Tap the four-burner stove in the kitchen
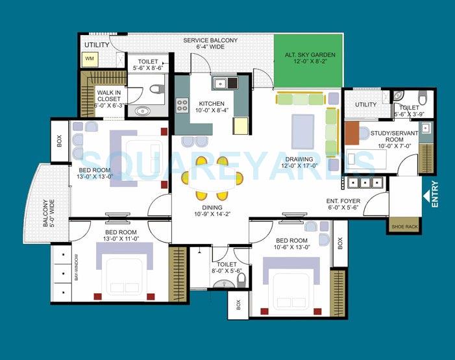[182, 105]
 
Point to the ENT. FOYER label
[343, 206]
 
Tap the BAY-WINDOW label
[76, 267]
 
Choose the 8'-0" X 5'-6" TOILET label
[227, 269]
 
